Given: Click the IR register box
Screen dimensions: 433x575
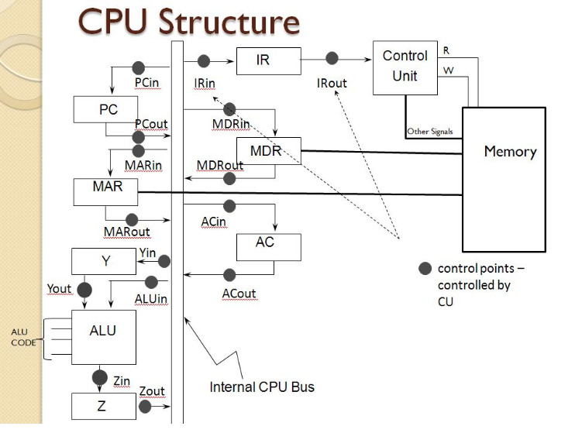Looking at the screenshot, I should (x=263, y=60).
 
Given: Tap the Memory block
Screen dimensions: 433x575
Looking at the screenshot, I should (x=509, y=179).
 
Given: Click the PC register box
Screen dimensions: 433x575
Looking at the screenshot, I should (x=108, y=109).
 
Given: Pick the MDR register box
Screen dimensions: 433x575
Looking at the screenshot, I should (x=265, y=150).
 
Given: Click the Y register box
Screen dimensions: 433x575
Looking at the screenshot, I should (x=105, y=261).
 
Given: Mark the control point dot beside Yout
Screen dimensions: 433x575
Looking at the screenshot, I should (x=84, y=290).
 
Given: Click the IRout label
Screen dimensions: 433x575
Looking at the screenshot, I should (x=332, y=82).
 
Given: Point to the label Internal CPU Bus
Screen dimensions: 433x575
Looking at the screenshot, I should (x=262, y=386).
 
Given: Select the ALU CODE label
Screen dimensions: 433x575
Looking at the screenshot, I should (x=22, y=338).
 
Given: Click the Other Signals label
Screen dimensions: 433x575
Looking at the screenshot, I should (x=430, y=132).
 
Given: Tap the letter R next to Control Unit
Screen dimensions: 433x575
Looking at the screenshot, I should (x=446, y=50).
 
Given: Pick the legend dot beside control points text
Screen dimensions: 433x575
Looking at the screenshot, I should (x=425, y=269).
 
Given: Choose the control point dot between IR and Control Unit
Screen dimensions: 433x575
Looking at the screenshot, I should (x=332, y=58).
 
